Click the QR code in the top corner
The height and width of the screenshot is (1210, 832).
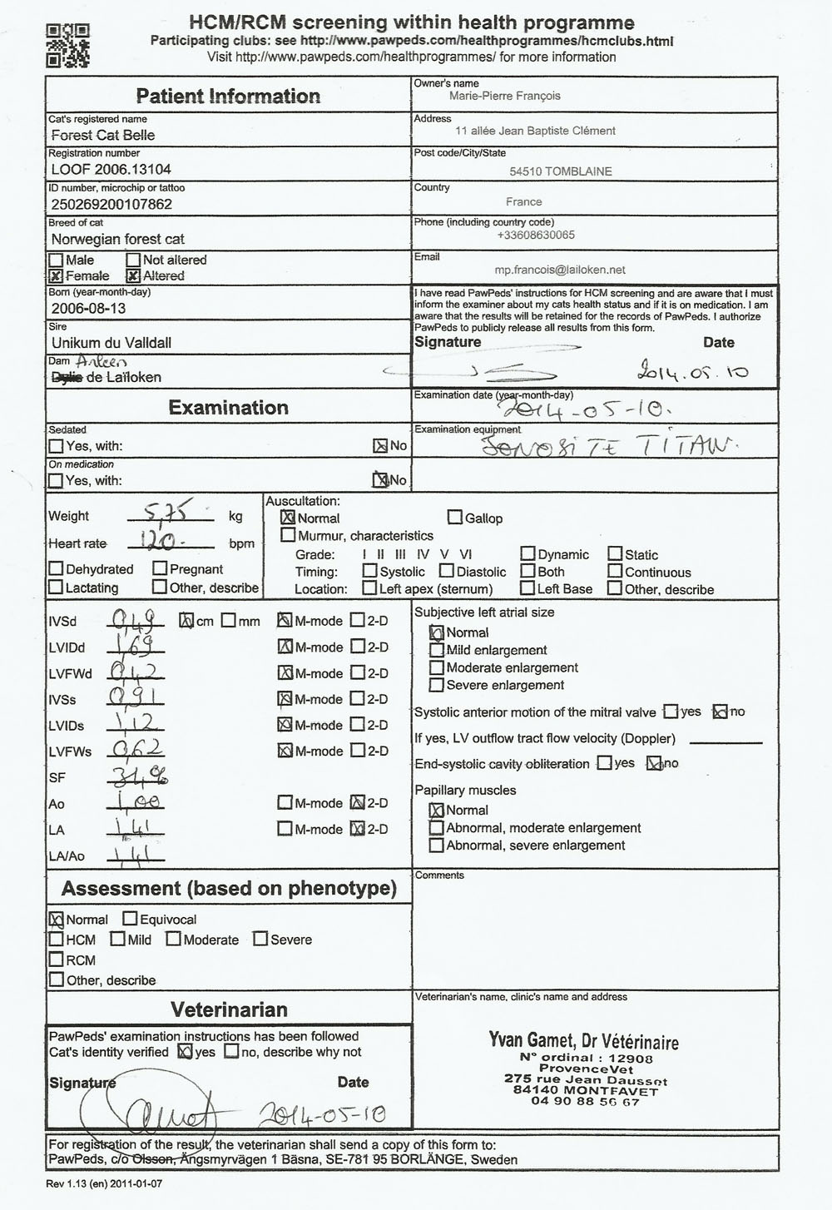tap(67, 45)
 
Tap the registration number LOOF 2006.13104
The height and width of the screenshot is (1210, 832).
tap(111, 169)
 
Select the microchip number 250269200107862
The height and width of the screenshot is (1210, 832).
tap(111, 204)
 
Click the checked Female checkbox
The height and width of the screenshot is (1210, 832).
tap(56, 276)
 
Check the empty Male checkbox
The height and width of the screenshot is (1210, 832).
tap(56, 260)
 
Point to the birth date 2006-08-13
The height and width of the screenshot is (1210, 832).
tap(88, 308)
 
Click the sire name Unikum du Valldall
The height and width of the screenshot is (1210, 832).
tap(111, 343)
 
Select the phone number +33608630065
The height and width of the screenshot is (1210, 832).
tap(535, 236)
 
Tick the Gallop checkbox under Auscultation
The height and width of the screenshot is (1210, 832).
tap(454, 518)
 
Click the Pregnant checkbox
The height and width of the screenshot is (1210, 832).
tap(160, 568)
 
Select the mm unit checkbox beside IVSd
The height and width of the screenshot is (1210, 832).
tap(228, 621)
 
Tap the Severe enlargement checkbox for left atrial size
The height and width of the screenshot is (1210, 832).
tap(436, 685)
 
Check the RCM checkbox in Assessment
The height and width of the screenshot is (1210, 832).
tap(56, 960)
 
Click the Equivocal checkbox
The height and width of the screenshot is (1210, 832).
tap(130, 919)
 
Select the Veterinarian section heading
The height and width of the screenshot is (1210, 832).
tap(229, 1009)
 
